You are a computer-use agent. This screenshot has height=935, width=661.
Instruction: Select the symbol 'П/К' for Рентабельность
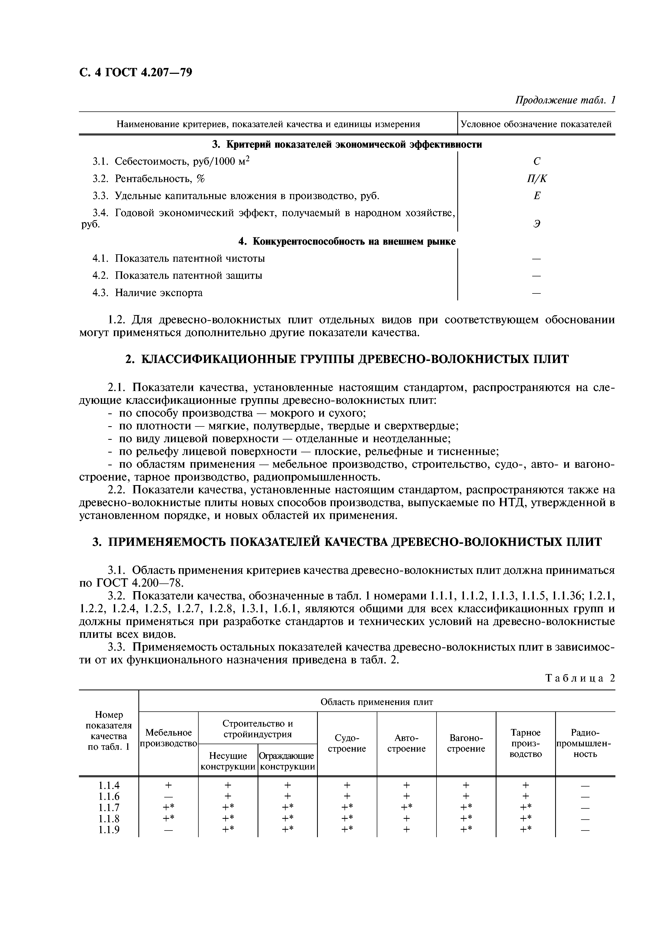[x=537, y=179]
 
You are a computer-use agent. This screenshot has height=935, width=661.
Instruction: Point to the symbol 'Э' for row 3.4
[x=537, y=224]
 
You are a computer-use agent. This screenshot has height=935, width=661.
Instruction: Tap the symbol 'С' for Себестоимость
[x=537, y=162]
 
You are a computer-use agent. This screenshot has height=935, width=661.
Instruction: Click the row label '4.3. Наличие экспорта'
[x=147, y=293]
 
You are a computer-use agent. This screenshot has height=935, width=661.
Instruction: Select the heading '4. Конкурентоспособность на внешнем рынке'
[x=347, y=241]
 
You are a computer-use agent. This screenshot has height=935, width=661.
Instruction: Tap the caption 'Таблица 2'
[x=580, y=678]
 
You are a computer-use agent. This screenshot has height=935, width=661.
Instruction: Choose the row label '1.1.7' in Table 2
[x=109, y=808]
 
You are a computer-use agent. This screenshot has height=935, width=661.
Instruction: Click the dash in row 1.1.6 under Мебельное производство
[x=168, y=796]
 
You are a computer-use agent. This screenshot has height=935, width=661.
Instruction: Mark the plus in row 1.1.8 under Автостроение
[x=406, y=819]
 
